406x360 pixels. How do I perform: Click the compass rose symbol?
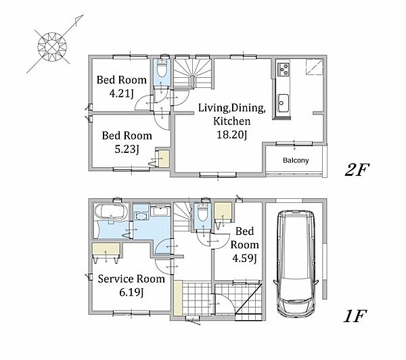(x=53, y=47)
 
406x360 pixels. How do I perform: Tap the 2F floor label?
(x=357, y=170)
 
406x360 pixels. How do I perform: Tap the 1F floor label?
(x=355, y=316)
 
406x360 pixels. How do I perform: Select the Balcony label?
(x=296, y=160)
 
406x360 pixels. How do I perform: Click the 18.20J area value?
(x=231, y=135)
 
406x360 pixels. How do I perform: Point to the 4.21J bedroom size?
(x=121, y=93)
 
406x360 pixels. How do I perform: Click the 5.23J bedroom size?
(x=127, y=149)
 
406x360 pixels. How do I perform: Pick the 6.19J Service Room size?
(x=131, y=292)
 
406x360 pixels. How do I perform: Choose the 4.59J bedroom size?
(x=244, y=258)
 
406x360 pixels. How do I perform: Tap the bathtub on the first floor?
(x=111, y=212)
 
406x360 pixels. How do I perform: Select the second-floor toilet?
(x=162, y=69)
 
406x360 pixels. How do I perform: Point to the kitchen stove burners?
(x=283, y=69)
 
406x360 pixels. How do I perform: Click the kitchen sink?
(x=282, y=103)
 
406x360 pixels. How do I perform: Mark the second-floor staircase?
(x=193, y=73)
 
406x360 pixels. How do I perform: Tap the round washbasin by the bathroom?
(x=141, y=216)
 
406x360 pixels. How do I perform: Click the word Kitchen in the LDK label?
(x=231, y=121)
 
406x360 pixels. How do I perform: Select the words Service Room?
(x=131, y=279)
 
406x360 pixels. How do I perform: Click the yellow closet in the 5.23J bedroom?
(x=163, y=158)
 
